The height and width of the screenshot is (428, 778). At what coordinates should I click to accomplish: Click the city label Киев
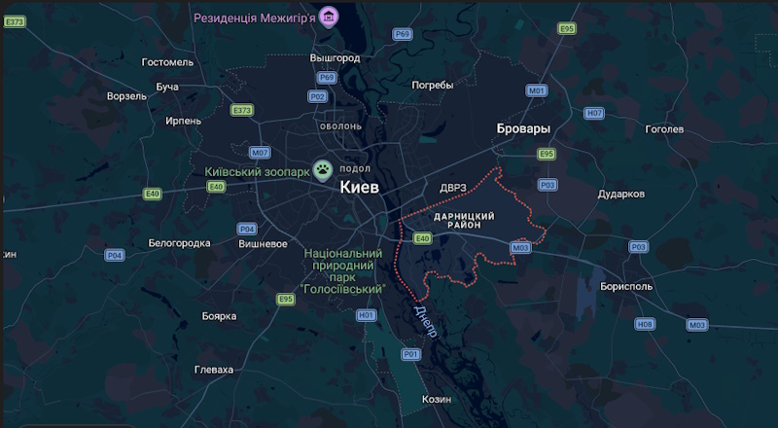[x=360, y=188]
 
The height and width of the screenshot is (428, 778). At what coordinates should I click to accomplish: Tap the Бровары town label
[x=523, y=128]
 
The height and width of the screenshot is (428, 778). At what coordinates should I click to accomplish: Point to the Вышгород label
[x=335, y=58]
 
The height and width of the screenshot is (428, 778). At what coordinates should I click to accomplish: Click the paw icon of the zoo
[x=323, y=169]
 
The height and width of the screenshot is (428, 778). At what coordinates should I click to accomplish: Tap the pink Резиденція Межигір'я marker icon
[x=331, y=17]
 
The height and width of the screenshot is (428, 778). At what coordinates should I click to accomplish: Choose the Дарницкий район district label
[x=464, y=220]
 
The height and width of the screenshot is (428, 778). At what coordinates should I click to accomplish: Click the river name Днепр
[x=425, y=322]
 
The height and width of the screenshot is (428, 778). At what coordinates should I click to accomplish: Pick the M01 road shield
[x=537, y=90]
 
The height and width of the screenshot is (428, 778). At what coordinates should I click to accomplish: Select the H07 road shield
[x=593, y=114]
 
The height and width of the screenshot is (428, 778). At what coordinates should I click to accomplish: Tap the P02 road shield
[x=317, y=96]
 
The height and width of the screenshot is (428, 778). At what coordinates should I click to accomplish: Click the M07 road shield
[x=260, y=153]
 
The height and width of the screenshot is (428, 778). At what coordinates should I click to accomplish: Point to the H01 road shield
[x=367, y=315]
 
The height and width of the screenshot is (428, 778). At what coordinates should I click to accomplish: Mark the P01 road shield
[x=410, y=354]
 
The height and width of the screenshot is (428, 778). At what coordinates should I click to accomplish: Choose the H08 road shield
[x=645, y=324]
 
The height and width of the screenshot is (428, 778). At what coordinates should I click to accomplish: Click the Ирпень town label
[x=184, y=121]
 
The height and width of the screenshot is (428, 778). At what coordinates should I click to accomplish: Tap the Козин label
[x=437, y=399]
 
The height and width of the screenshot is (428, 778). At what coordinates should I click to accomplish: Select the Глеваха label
[x=214, y=370]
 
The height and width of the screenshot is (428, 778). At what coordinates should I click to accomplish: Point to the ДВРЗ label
[x=453, y=188]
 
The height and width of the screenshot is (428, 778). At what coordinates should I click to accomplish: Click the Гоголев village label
[x=665, y=128]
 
